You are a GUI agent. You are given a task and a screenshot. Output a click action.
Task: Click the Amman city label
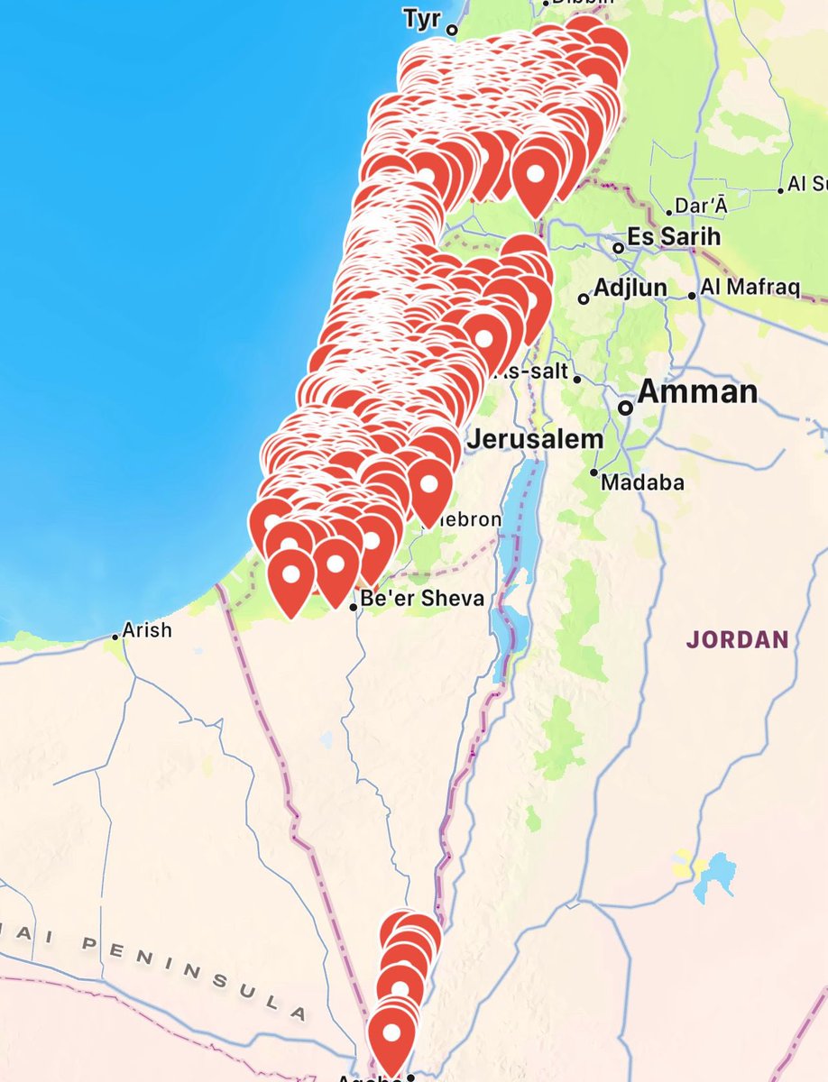pyautogui.click(x=697, y=392)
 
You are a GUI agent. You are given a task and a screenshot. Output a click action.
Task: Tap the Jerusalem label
pyautogui.click(x=535, y=440)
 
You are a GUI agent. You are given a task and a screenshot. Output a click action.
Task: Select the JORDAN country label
pyautogui.click(x=737, y=640)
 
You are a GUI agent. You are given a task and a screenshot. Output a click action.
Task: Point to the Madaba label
pyautogui.click(x=642, y=482)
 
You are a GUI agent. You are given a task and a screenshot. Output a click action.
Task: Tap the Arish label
pyautogui.click(x=147, y=629)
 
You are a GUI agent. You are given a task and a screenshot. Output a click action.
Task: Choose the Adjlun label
pyautogui.click(x=630, y=289)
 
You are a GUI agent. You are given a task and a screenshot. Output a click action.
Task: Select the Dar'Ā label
pyautogui.click(x=701, y=206)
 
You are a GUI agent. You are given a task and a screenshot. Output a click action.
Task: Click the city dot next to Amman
pyautogui.click(x=625, y=408)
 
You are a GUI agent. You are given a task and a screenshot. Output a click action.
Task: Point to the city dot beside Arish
pyautogui.click(x=115, y=637)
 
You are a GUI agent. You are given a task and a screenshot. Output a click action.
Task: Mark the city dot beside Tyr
pyautogui.click(x=453, y=30)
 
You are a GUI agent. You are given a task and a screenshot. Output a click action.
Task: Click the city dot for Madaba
pyautogui.click(x=594, y=472)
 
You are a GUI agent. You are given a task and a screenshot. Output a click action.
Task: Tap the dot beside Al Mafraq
pyautogui.click(x=692, y=295)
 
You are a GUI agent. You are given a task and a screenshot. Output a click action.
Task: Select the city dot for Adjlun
pyautogui.click(x=584, y=298)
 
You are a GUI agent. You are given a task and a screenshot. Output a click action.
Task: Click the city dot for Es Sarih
pyautogui.click(x=618, y=247)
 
